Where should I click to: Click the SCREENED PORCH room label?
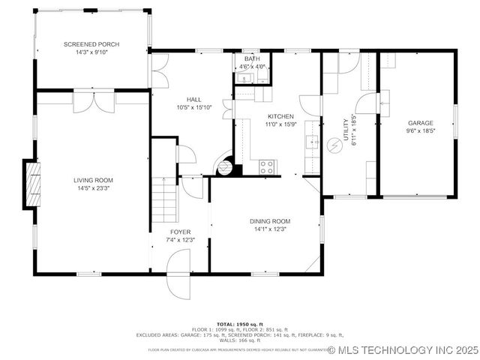pos(91,44)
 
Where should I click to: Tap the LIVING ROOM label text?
pos(93,180)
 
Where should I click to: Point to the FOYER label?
pos(180,232)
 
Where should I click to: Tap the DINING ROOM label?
pos(269,221)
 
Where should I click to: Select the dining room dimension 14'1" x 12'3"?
pos(269,229)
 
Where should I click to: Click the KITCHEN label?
pos(280,116)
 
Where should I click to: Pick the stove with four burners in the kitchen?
pos(267,167)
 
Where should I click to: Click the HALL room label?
pos(194,99)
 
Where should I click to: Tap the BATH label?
pos(252,58)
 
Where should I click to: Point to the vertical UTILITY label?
pos(346,129)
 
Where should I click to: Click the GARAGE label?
pos(420,122)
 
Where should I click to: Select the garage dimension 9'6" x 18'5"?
pos(420,130)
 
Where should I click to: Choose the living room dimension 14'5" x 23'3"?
pos(93,188)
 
